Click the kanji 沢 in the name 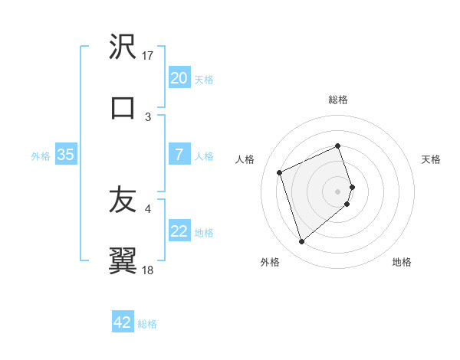(123, 47)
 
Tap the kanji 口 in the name (123, 106)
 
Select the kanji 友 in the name (123, 201)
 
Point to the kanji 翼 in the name (123, 260)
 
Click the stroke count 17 (149, 56)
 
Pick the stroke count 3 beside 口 (149, 116)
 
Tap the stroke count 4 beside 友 (149, 208)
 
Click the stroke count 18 (149, 270)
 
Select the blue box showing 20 (179, 77)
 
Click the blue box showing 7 (179, 155)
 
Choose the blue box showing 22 (179, 231)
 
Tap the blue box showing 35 (66, 155)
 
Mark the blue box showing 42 (123, 322)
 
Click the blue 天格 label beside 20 (204, 79)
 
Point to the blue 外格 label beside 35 (41, 155)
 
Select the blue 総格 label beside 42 (147, 324)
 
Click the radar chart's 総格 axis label (338, 100)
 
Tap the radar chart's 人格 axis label (245, 159)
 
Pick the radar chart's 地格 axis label (402, 262)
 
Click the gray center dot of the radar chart (338, 190)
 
